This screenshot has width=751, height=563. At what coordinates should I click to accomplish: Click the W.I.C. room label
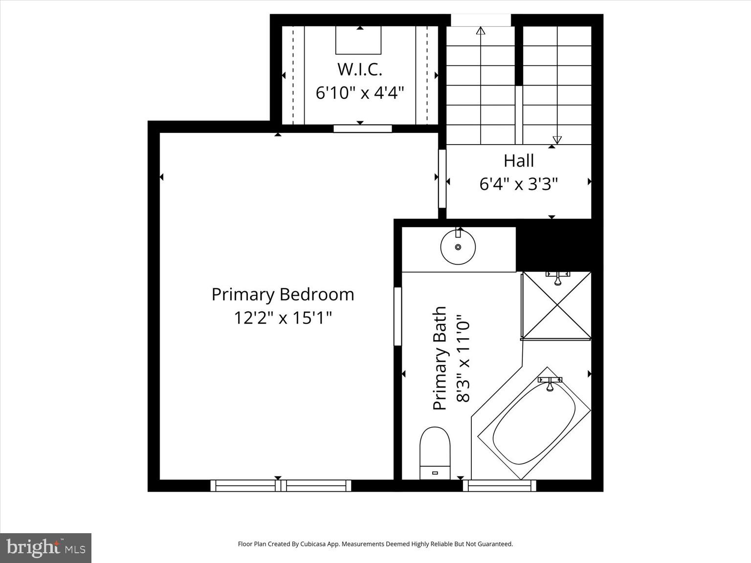tap(359, 69)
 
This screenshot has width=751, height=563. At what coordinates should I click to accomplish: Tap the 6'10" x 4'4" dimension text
tap(359, 92)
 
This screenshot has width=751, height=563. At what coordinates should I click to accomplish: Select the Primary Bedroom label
tap(283, 294)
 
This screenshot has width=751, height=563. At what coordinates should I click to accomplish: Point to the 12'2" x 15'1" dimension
tap(283, 318)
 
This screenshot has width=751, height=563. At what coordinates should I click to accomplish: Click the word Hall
tap(518, 160)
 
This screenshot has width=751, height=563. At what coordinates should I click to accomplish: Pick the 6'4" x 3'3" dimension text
tap(518, 184)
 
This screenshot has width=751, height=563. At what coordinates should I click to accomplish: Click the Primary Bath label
tap(440, 358)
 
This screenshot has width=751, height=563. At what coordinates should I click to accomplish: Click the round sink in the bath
tap(458, 247)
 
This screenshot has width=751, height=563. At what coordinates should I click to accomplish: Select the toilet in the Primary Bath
tap(435, 453)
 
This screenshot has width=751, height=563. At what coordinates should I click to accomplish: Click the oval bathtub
tap(534, 423)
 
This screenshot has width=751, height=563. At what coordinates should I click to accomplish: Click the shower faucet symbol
tap(557, 278)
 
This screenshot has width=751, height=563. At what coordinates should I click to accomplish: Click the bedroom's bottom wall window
tap(281, 485)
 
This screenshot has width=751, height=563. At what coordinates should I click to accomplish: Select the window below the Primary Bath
tap(499, 485)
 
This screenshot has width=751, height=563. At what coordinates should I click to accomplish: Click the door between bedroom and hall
tap(442, 178)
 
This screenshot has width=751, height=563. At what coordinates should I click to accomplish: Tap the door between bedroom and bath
tap(398, 317)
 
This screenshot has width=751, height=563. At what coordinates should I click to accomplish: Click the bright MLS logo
tap(45, 547)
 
